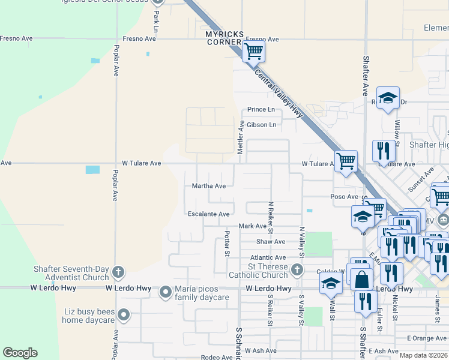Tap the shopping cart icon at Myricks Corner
(254, 52)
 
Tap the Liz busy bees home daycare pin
(124, 315)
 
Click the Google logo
(20, 353)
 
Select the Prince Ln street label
(261, 110)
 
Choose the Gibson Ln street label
(262, 125)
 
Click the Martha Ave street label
(208, 186)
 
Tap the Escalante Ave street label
(208, 214)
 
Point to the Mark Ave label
(252, 226)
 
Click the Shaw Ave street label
(271, 242)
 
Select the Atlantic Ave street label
(268, 257)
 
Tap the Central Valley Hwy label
(280, 96)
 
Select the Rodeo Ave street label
(217, 358)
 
